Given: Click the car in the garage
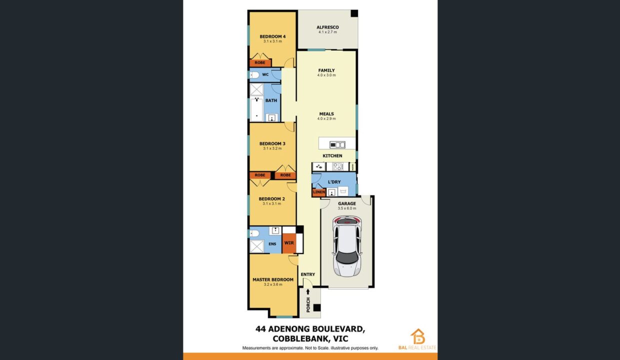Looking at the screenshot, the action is (x=347, y=246).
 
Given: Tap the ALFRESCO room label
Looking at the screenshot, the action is (x=327, y=27).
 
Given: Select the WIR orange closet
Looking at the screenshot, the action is (x=289, y=243).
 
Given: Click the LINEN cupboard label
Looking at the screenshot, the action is (x=319, y=192).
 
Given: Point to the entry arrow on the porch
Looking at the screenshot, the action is (x=308, y=291).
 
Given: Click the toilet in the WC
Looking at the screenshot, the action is (x=254, y=74).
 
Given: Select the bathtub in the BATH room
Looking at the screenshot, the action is (x=256, y=109).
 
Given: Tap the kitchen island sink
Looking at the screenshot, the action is (x=337, y=144).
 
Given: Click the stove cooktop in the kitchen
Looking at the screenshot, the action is (x=337, y=166).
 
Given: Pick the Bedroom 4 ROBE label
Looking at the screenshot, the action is (x=260, y=62).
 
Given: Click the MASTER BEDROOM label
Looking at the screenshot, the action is (x=273, y=279).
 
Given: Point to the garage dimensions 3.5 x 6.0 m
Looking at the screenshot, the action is (x=347, y=208).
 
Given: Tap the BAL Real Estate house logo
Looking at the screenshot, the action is (x=418, y=336).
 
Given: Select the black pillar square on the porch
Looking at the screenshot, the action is (x=317, y=307).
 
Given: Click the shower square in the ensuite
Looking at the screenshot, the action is (x=257, y=246).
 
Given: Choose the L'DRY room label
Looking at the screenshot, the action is (x=334, y=182).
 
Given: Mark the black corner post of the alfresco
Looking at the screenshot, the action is (x=354, y=13).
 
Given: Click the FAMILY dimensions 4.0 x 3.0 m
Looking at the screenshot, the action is (x=326, y=75).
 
